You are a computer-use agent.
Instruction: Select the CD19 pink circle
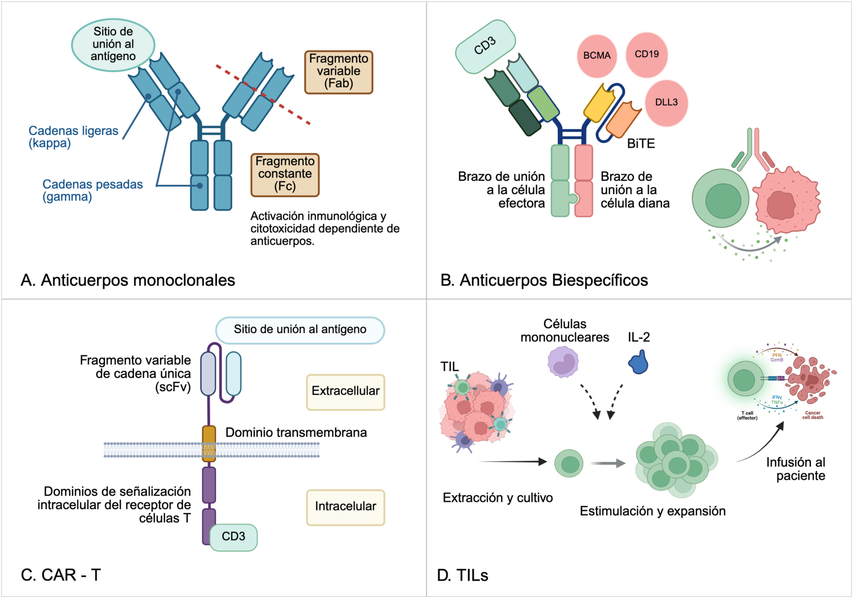(x=647, y=55)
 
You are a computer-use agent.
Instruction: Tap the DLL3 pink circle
(x=667, y=103)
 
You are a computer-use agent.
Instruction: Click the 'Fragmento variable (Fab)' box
(x=339, y=72)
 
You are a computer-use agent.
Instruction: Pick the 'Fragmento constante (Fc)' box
(x=285, y=175)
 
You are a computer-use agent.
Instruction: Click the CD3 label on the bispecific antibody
(x=485, y=47)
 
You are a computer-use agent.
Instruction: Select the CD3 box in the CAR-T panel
(x=233, y=537)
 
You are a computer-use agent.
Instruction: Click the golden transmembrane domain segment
(x=209, y=444)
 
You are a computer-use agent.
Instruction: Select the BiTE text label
(x=641, y=143)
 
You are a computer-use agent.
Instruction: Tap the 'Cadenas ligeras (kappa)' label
(x=73, y=137)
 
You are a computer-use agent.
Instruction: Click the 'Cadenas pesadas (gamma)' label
(x=93, y=190)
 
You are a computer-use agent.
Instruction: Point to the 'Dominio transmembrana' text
(x=296, y=433)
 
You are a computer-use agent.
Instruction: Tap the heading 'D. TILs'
(x=462, y=575)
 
